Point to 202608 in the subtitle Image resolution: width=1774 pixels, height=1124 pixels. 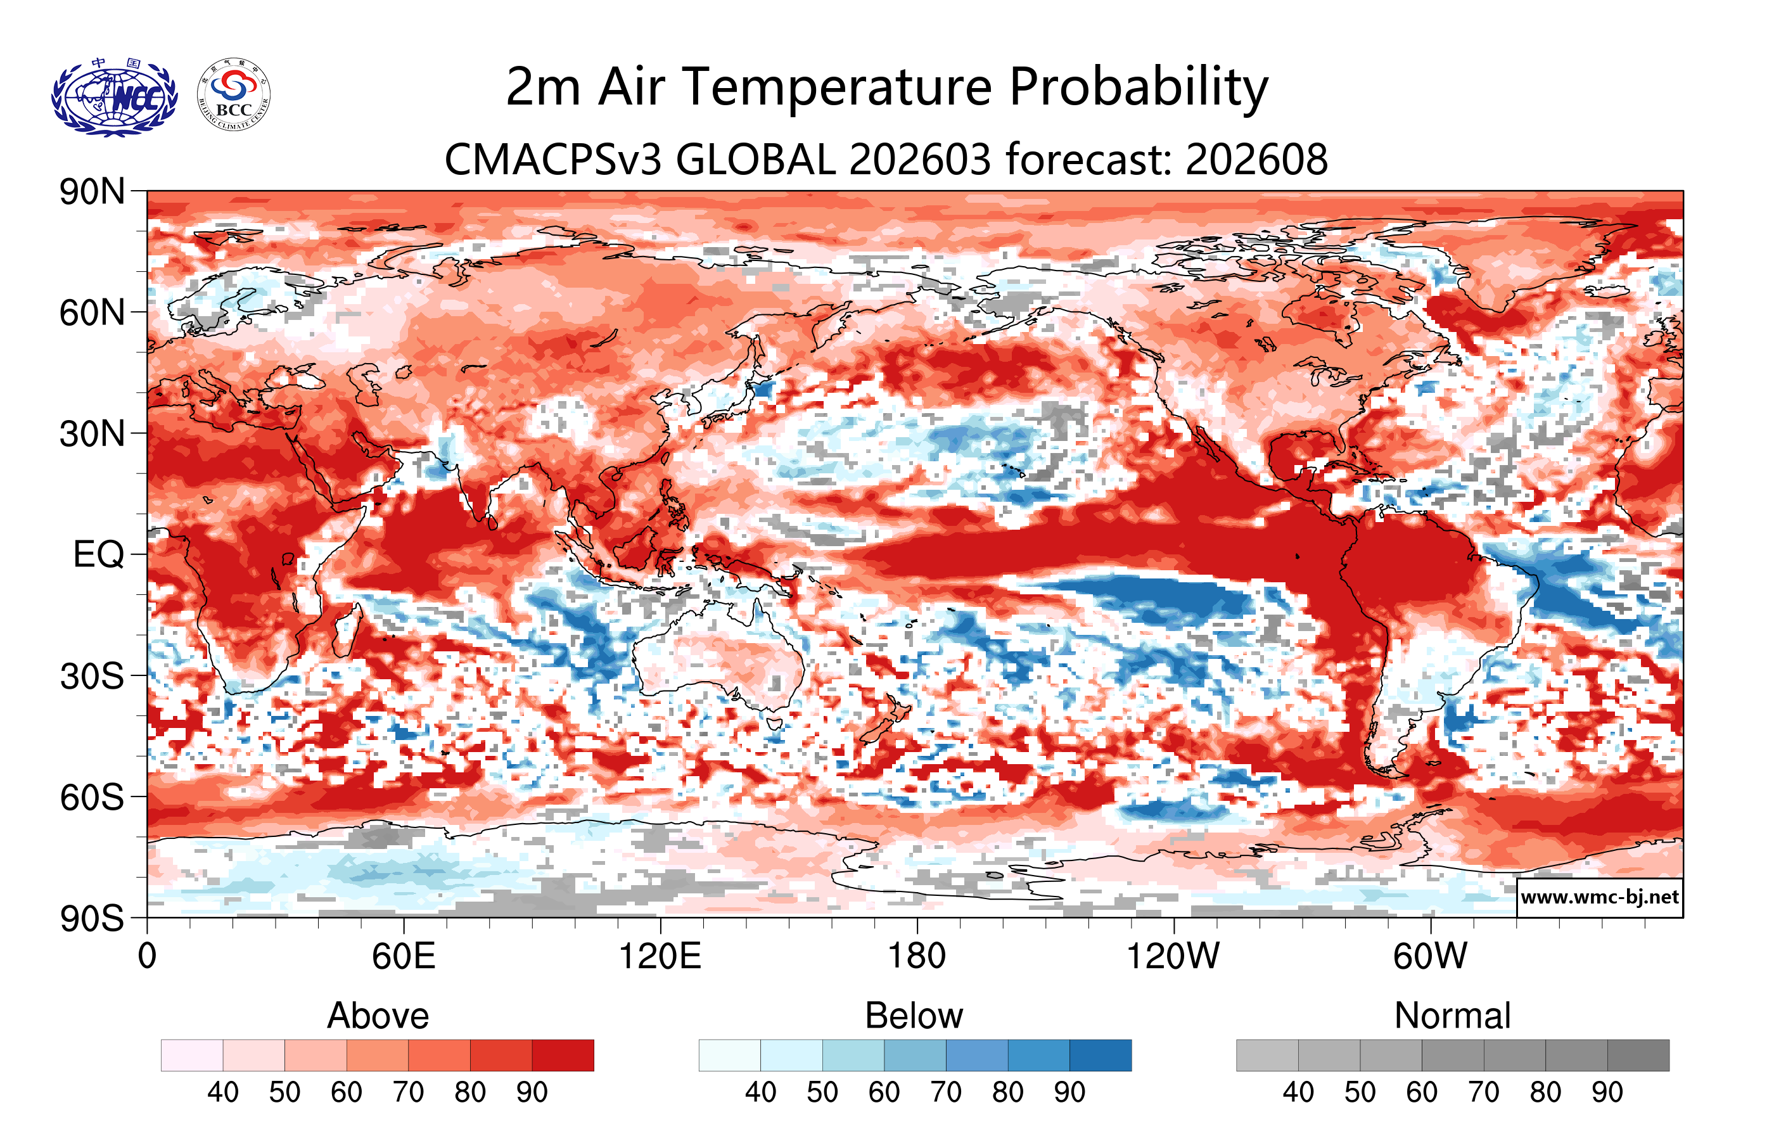click(1256, 160)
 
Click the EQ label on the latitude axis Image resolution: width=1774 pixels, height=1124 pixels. click(98, 554)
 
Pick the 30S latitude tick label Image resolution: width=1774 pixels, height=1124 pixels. click(92, 676)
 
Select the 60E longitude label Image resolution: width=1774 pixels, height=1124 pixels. click(403, 957)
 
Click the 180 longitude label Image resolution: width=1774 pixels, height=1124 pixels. click(917, 957)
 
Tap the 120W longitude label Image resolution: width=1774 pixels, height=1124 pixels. click(1173, 957)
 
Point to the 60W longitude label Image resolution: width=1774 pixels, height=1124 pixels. click(1430, 957)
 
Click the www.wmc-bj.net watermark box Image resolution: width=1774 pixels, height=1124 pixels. click(1599, 897)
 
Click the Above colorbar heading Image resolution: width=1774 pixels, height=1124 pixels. click(378, 1016)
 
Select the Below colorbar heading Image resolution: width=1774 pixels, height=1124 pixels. click(914, 1016)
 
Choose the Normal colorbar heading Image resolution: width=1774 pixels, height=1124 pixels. click(1452, 1016)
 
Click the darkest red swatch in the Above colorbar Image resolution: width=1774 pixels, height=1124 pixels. click(563, 1055)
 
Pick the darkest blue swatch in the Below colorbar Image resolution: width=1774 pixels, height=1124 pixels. click(1100, 1055)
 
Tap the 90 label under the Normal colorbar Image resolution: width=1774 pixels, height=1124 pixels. click(1607, 1092)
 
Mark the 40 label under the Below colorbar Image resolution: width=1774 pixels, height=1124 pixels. click(760, 1092)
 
